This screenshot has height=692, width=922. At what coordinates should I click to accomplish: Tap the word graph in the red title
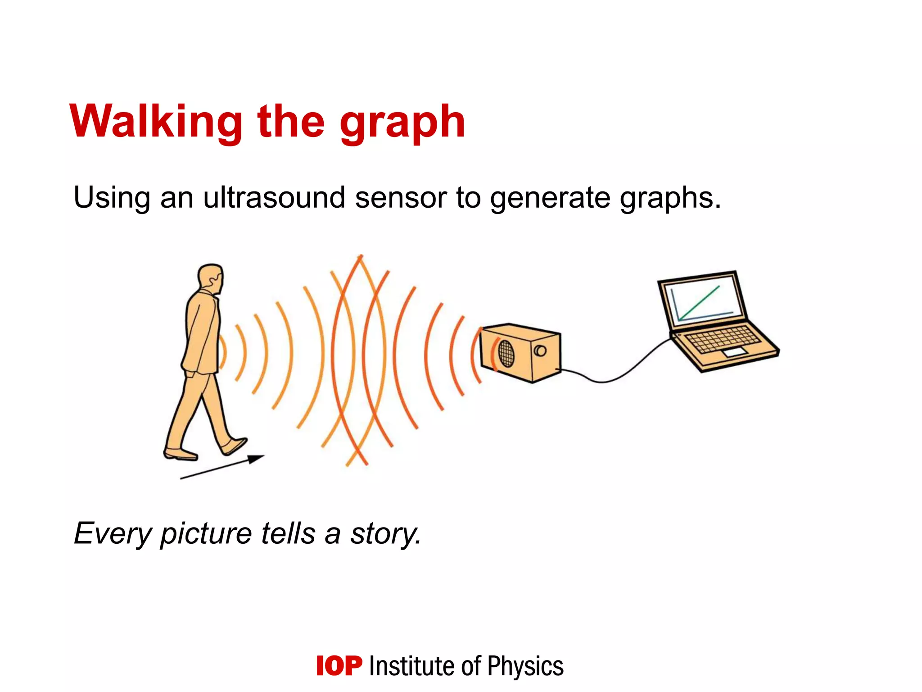point(402,123)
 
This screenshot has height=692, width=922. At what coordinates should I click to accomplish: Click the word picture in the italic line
point(206,534)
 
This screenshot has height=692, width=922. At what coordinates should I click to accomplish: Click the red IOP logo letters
point(339,666)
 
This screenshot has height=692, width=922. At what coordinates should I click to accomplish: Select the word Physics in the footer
point(525,666)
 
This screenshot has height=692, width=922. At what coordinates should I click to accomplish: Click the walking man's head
point(210,277)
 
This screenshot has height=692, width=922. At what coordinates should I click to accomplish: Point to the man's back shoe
point(180,454)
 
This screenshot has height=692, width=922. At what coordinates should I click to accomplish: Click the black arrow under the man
point(223,467)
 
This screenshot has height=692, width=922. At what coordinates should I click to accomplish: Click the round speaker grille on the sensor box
point(506,353)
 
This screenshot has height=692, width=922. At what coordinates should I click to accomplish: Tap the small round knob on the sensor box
point(540,351)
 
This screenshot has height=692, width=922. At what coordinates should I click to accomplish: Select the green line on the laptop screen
point(699,303)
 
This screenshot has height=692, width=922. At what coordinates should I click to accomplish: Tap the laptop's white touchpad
point(734,353)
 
